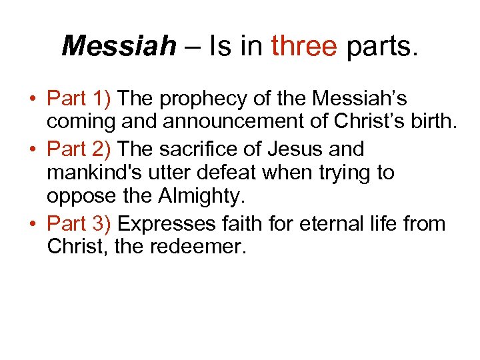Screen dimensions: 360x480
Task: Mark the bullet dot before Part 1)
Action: pyautogui.click(x=32, y=99)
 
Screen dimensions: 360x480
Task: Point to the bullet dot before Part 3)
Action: pyautogui.click(x=32, y=223)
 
